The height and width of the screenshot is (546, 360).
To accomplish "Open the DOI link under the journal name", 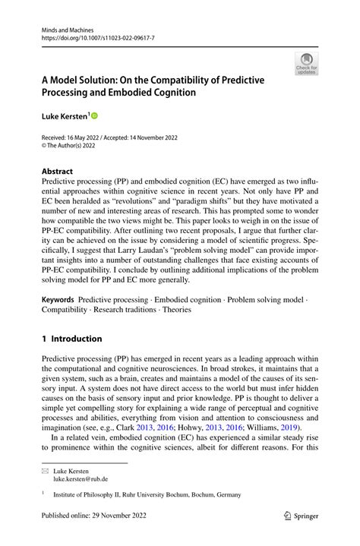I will click(x=98, y=36).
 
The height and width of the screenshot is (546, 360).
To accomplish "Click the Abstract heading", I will click(x=58, y=172).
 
